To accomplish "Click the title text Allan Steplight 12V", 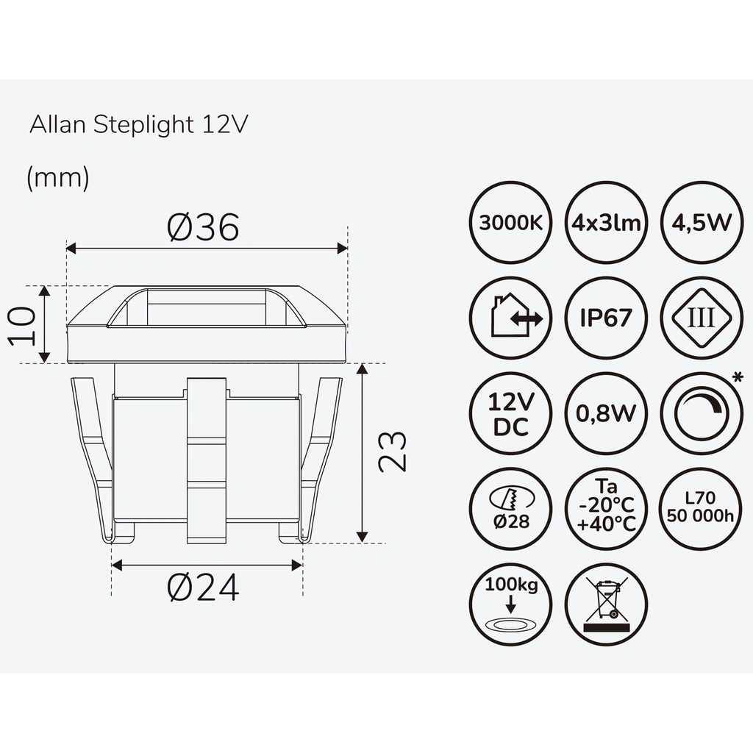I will [139, 124].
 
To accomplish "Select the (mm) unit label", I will [58, 179].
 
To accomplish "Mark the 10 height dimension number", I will [23, 325].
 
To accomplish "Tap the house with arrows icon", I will [510, 318].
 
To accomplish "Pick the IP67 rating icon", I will [606, 318].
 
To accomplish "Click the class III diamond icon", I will [701, 318].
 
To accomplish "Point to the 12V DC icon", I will [510, 413].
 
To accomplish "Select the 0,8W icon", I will [606, 413].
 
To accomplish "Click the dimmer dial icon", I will [701, 413].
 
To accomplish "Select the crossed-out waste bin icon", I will [606, 604].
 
